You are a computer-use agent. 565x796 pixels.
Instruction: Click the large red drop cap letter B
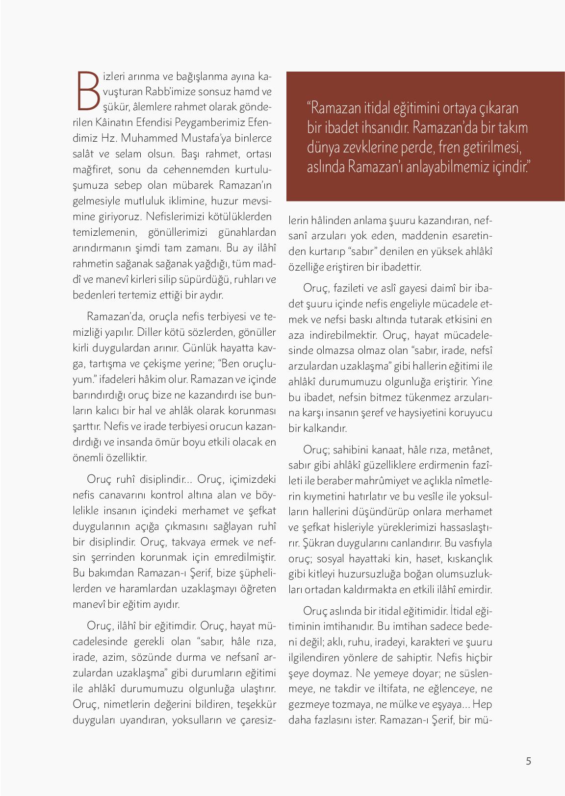pos(88,91)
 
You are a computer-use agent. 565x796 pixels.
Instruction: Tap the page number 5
pos(528,761)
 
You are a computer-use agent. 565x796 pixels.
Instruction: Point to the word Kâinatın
pos(115,123)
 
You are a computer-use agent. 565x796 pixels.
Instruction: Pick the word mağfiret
pos(88,170)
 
